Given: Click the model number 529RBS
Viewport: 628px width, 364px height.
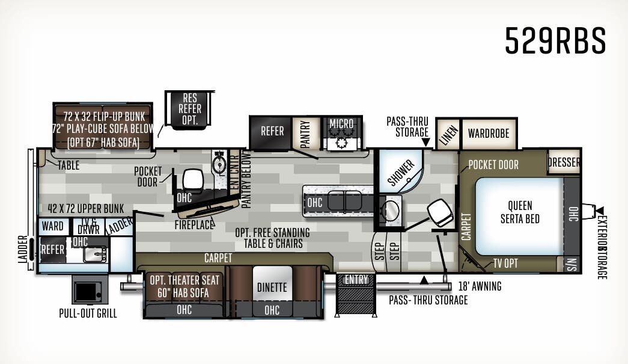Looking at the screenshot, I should click(555, 40).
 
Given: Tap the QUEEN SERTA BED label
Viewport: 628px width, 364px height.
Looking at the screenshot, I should click(520, 212).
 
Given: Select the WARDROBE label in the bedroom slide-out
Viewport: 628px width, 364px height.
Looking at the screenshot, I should click(489, 134).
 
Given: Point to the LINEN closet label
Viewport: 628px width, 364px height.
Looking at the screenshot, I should click(447, 133).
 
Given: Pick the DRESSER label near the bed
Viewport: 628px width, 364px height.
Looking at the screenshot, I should click(564, 162).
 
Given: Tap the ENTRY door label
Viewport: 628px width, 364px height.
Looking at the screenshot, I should click(356, 279).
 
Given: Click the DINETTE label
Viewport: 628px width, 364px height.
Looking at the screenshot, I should click(272, 288).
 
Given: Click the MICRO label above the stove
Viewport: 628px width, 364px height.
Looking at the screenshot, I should click(341, 124).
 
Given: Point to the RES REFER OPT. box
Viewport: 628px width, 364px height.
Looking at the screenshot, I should click(190, 110).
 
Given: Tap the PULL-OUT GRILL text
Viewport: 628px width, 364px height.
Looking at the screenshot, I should click(88, 313).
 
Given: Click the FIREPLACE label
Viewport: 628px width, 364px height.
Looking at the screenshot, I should click(195, 225).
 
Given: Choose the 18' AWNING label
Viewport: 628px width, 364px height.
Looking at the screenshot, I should click(480, 287).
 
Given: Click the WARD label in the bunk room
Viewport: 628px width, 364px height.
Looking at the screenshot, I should click(53, 226).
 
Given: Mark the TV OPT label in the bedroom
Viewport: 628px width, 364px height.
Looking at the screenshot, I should click(505, 263).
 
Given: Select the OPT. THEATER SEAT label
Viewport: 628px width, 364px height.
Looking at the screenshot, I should click(184, 280).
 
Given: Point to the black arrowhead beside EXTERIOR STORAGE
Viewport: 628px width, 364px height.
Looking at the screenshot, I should click(599, 210).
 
